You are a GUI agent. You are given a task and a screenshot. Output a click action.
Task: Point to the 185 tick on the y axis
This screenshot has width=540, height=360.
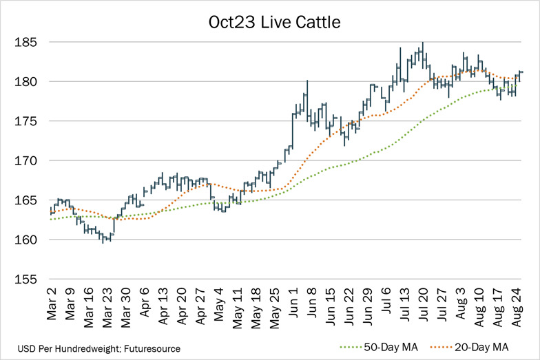pos(25,43)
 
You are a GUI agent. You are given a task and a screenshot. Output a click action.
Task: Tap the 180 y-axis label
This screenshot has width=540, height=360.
pos(25,82)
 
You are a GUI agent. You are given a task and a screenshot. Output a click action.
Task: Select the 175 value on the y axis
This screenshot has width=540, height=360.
pos(25,122)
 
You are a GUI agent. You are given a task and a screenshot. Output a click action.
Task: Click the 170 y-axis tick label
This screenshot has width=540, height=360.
pos(25,161)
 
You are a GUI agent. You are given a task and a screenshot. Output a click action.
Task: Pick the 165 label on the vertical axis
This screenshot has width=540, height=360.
pos(25,201)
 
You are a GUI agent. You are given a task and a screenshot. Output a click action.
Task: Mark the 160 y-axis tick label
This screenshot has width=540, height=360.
pos(25,240)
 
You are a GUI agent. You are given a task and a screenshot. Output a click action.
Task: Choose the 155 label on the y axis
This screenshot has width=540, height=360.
pos(25,279)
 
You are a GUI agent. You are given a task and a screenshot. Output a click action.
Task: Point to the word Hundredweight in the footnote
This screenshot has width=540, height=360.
pos(89,349)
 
